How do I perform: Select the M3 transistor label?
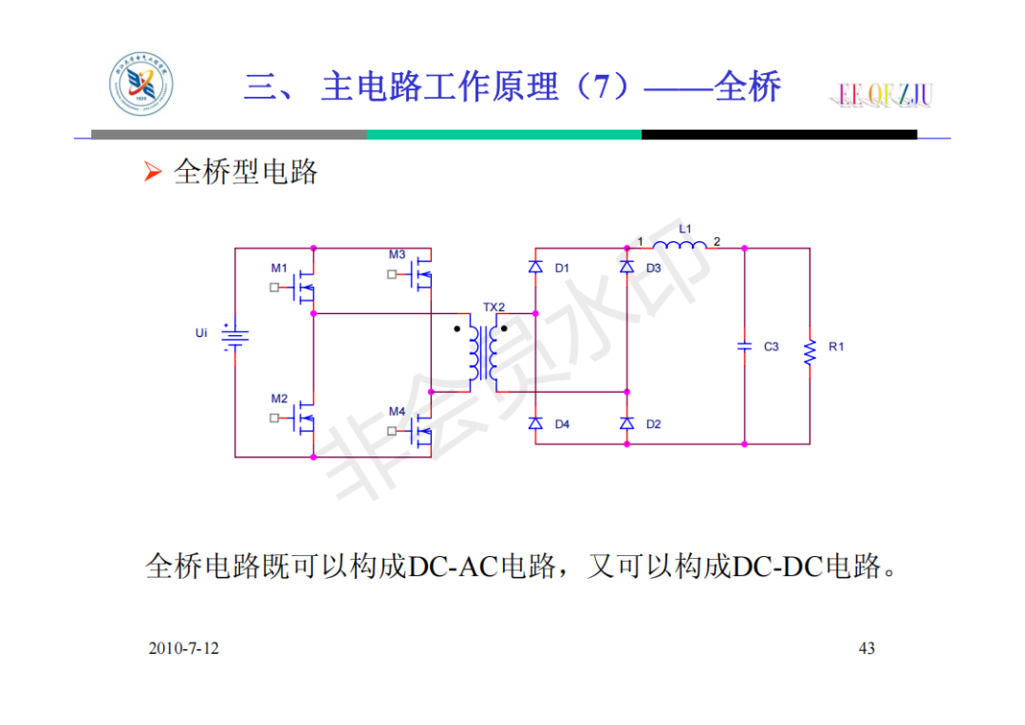pyautogui.click(x=397, y=254)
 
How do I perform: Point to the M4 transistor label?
pyautogui.click(x=397, y=411)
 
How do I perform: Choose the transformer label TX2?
pyautogui.click(x=494, y=307)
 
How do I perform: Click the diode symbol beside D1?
pyautogui.click(x=535, y=268)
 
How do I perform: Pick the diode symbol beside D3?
pyautogui.click(x=626, y=268)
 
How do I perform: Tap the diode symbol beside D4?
pyautogui.click(x=535, y=423)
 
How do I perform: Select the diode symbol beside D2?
pyautogui.click(x=626, y=423)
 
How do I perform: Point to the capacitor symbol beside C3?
pyautogui.click(x=745, y=346)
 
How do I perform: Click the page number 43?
pyautogui.click(x=867, y=648)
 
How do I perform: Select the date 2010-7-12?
pyautogui.click(x=184, y=648)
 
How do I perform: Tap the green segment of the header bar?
pyautogui.click(x=503, y=135)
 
